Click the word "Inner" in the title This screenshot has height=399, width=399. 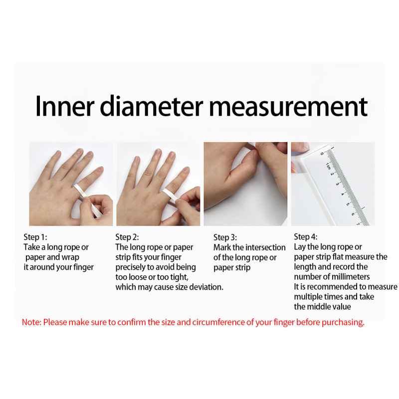click(x=65, y=106)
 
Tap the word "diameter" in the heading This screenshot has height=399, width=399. click(x=152, y=106)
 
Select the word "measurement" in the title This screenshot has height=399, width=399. click(x=288, y=107)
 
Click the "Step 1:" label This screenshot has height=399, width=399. click(x=35, y=237)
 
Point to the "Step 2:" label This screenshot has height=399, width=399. click(x=127, y=237)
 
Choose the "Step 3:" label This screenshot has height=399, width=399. click(x=225, y=237)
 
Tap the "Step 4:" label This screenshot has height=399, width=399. click(x=306, y=236)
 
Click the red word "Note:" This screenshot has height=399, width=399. click(x=31, y=322)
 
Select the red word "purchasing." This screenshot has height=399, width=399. click(x=343, y=323)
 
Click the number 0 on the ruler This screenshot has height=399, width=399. click(x=322, y=154)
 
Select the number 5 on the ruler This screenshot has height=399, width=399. click(x=348, y=204)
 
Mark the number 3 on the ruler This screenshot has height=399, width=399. click(x=338, y=184)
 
